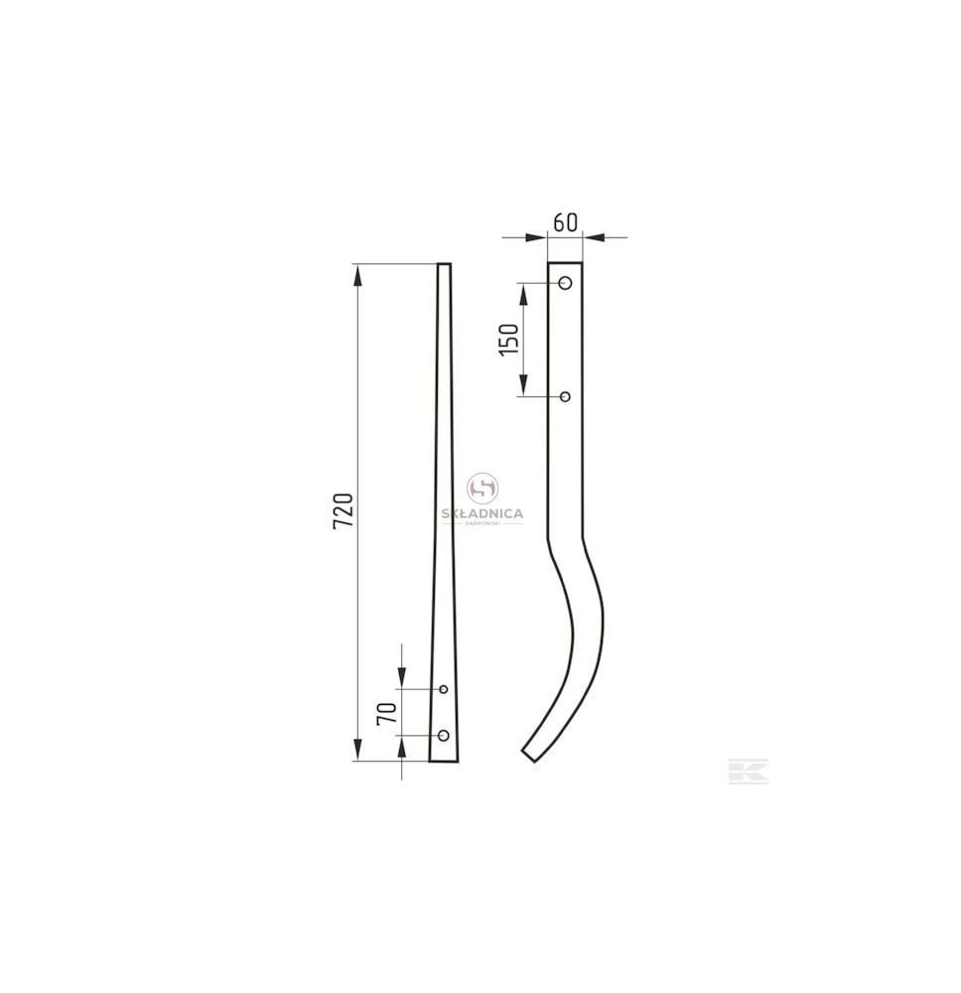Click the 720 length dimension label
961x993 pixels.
[x=343, y=511]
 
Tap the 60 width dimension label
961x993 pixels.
[x=565, y=222]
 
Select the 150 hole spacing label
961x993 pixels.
[x=509, y=340]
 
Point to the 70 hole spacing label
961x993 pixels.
[x=387, y=713]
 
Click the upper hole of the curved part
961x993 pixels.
[x=566, y=282]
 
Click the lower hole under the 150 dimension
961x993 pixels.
[x=566, y=396]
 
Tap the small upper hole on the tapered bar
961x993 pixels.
[x=444, y=688]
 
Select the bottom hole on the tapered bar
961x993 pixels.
[x=444, y=735]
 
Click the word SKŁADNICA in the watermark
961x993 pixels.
[x=482, y=513]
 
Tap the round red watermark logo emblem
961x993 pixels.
[x=482, y=489]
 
